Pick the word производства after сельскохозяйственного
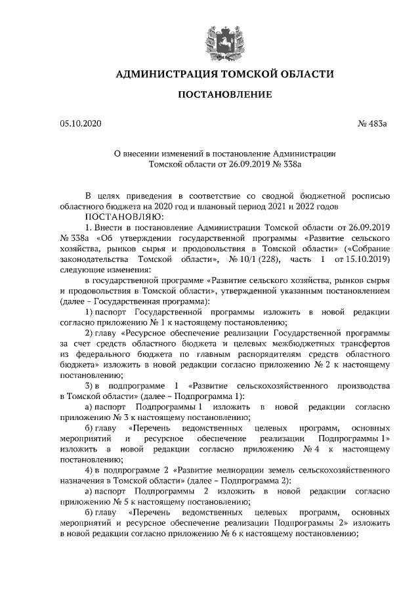357,387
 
